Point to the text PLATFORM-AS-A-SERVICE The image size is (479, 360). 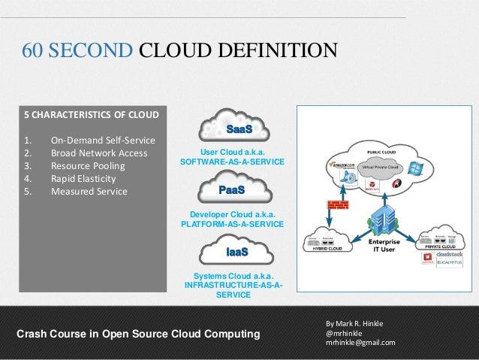[x=233, y=224]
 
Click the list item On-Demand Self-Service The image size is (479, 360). [x=103, y=141]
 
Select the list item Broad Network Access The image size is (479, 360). [x=98, y=153]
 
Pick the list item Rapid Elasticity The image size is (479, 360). [x=83, y=179]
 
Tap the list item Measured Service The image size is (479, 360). [x=89, y=192]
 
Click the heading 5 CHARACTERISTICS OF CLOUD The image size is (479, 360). [x=92, y=115]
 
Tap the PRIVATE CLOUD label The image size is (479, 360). [x=442, y=245]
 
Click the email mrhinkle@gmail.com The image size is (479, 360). [x=360, y=343]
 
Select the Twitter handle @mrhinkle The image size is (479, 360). [x=345, y=333]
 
